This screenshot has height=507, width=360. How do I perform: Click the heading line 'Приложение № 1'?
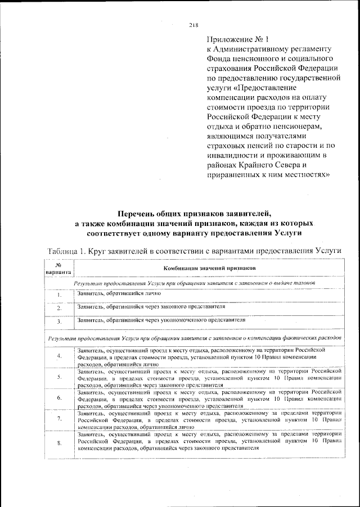pos(239,40)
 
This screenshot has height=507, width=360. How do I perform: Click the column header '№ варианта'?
pos(58,269)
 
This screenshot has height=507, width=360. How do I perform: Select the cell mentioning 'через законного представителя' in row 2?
pos(152,307)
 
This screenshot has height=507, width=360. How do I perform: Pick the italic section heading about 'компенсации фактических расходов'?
pos(194,339)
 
